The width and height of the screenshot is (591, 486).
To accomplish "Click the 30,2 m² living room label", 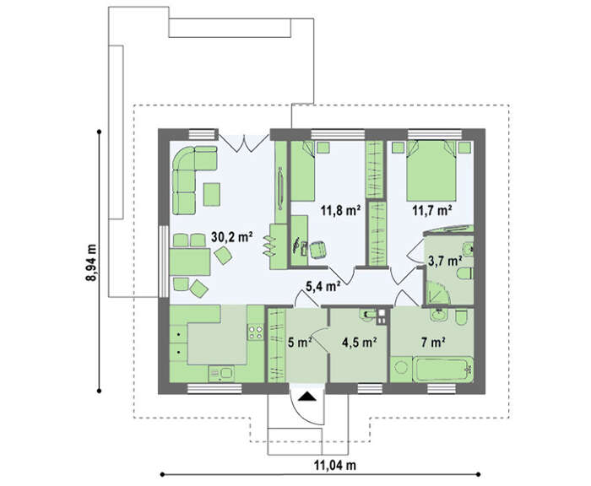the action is (x=231, y=237).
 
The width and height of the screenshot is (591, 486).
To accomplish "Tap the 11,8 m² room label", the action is (x=341, y=210).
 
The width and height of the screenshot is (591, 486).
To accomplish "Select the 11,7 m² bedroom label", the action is (x=432, y=210).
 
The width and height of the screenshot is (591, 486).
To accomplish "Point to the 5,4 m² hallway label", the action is (x=323, y=286).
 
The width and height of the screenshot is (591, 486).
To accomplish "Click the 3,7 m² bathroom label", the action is (x=445, y=261).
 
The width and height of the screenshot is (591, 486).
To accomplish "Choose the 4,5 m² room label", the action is (x=360, y=342).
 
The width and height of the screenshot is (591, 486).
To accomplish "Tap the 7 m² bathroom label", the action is (x=433, y=342).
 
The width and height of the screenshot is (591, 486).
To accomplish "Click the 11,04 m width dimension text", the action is (x=335, y=465).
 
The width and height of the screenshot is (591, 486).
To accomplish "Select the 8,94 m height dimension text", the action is (x=91, y=262).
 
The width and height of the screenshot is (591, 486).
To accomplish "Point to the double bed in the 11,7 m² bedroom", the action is (x=431, y=170).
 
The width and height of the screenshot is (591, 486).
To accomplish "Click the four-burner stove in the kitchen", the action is (x=256, y=332).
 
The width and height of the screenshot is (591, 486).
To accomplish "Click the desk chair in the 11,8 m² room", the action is (x=317, y=250).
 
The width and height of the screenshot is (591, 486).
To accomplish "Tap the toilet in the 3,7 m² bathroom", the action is (x=465, y=274).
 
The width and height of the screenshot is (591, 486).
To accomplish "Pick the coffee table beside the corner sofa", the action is (x=212, y=194).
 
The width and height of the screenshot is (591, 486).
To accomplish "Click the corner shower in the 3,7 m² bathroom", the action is (x=437, y=293).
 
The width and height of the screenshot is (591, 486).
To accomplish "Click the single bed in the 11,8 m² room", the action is (x=303, y=170).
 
